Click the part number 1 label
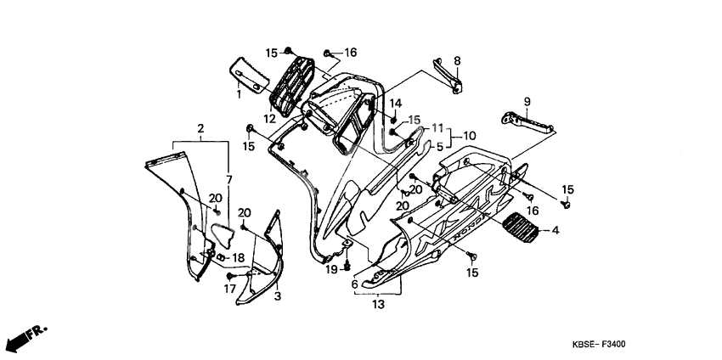(239, 94)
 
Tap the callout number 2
(200, 129)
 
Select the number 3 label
(277, 295)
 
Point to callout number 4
(556, 230)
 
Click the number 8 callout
(456, 61)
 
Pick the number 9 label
(526, 102)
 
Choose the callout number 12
(268, 120)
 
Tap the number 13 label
(378, 304)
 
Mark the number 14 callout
(395, 103)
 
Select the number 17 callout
(228, 290)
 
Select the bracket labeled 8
(449, 75)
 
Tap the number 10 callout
(470, 136)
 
